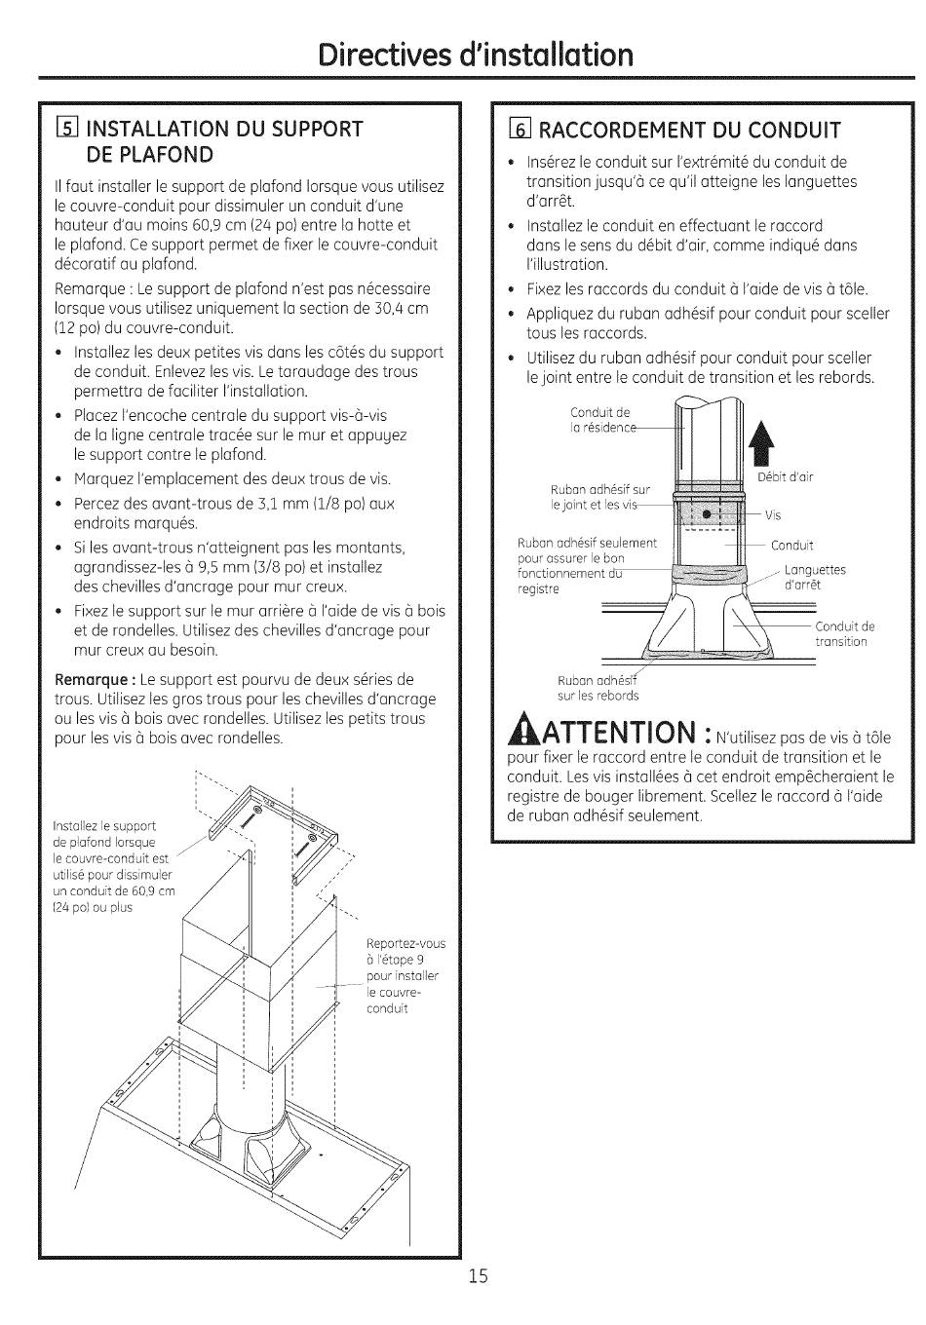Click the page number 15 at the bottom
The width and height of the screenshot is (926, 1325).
(477, 1276)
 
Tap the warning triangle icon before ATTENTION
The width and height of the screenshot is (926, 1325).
(524, 730)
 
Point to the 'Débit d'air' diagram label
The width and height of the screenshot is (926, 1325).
(785, 476)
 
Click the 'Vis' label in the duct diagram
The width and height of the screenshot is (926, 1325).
(773, 515)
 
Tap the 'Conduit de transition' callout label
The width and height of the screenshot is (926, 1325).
(844, 633)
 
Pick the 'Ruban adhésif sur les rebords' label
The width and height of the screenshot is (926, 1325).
(598, 688)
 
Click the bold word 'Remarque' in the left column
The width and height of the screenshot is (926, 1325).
(94, 680)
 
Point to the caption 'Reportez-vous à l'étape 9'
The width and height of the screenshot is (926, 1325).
(405, 975)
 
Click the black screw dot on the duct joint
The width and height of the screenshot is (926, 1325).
(709, 513)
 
